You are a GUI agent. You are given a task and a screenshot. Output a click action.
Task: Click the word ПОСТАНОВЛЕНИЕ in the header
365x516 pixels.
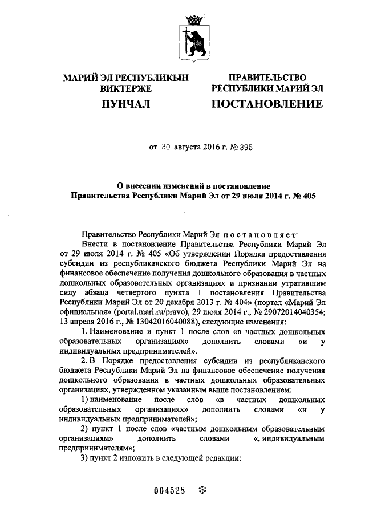(267, 104)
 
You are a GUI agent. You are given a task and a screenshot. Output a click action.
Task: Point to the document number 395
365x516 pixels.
(244, 147)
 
